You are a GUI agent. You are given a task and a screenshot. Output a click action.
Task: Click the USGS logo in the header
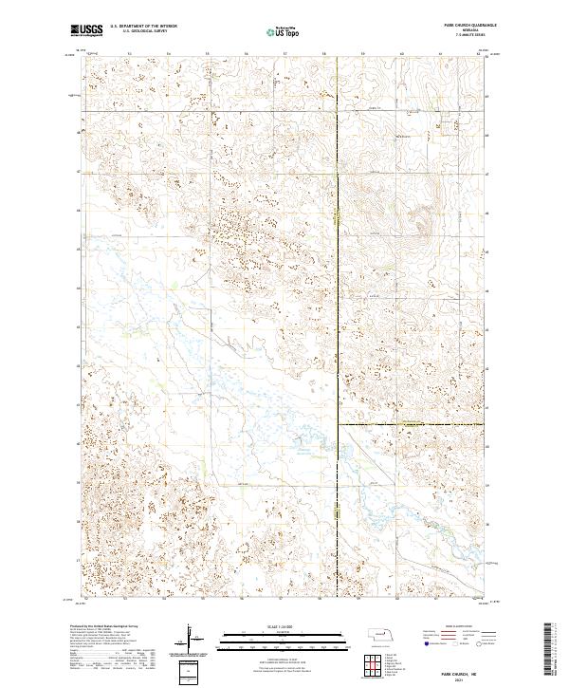coord(86,30)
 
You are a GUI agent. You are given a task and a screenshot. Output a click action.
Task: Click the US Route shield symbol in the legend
coord(452,642)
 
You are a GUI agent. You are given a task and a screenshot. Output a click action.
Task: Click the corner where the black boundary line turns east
coord(339,424)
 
